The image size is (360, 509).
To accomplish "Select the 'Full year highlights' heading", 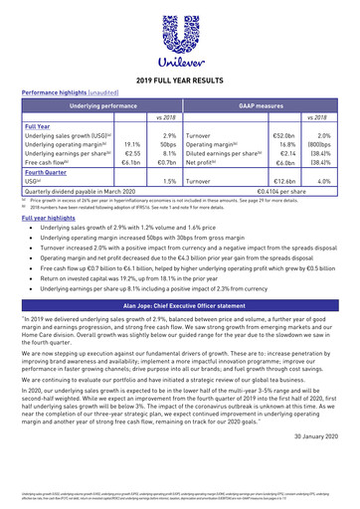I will coord(51,217).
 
